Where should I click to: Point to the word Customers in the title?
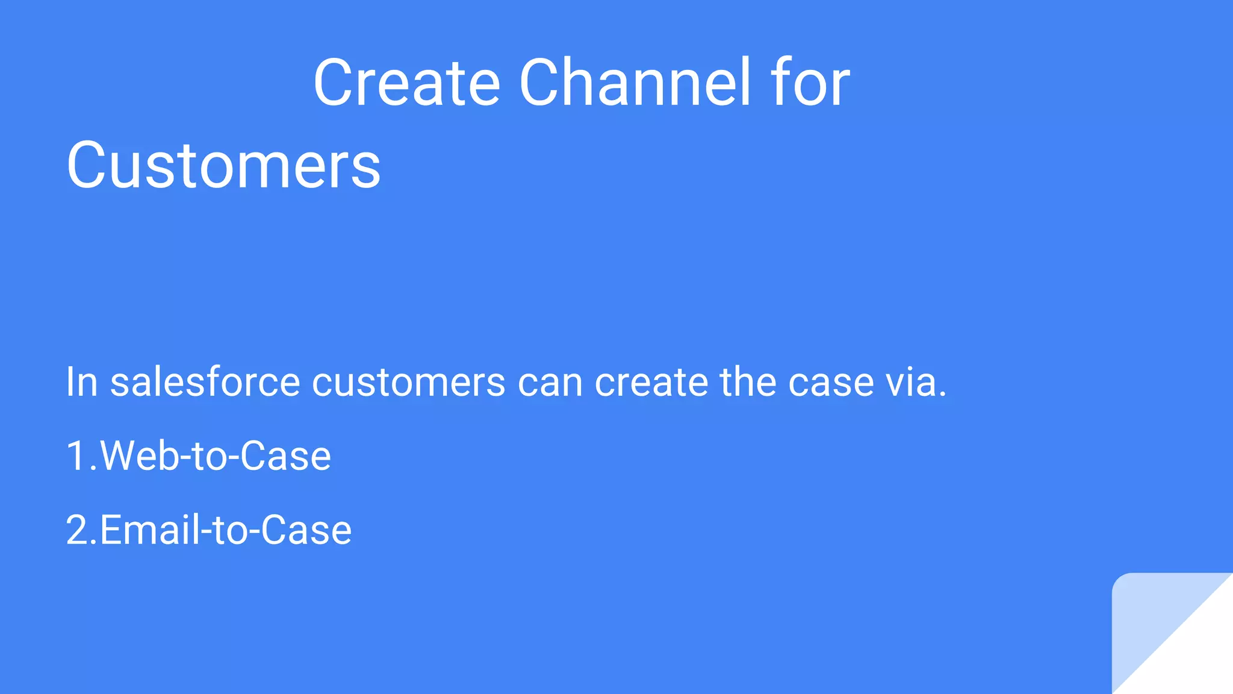pos(223,165)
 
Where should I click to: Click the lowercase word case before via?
pos(831,383)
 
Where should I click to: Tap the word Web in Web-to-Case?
pos(140,456)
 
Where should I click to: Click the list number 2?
pos(78,530)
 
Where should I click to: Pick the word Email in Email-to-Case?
pos(149,530)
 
